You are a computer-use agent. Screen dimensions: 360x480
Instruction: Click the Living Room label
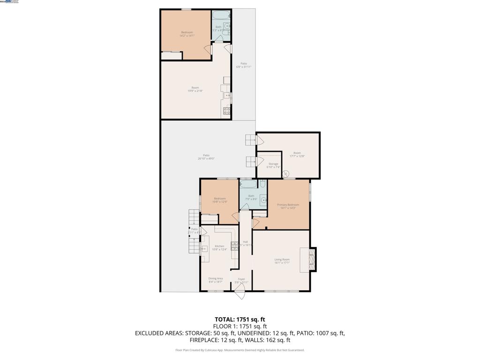[x=282, y=261]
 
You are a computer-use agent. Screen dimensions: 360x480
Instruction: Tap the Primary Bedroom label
[x=288, y=206]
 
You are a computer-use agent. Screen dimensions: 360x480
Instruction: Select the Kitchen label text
[x=219, y=247]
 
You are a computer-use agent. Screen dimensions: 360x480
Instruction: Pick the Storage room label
[x=273, y=165]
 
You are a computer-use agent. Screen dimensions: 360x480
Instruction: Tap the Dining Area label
[x=216, y=280]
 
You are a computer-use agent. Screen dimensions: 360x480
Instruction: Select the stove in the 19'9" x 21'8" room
[x=227, y=111]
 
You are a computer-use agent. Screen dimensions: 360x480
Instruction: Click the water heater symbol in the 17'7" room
[x=286, y=173]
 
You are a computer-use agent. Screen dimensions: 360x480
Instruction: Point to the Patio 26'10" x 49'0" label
[x=206, y=157]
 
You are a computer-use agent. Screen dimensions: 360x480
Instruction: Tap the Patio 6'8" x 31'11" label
[x=244, y=65]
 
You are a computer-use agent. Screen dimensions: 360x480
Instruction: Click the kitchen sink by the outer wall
[x=205, y=249]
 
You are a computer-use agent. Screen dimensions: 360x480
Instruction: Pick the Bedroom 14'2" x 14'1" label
[x=187, y=34]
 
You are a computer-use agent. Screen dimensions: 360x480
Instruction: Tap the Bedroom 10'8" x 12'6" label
[x=220, y=200]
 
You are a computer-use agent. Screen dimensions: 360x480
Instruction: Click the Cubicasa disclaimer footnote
[x=240, y=350]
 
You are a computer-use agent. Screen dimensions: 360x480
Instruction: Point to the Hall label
[x=245, y=243]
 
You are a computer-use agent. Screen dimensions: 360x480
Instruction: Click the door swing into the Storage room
[x=259, y=161]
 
